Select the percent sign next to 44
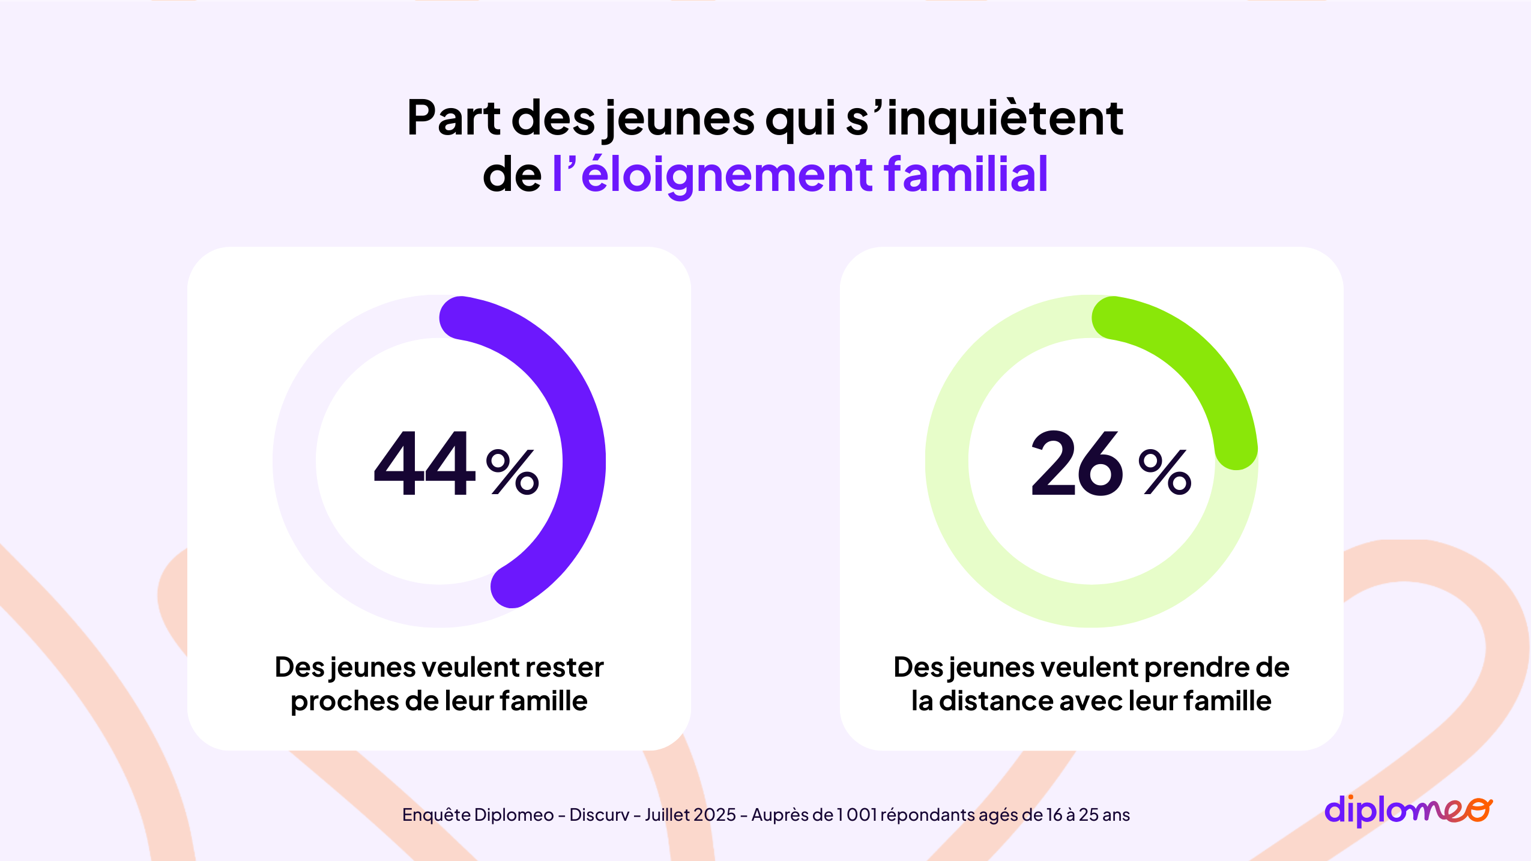(x=512, y=472)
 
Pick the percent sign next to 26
(x=1164, y=472)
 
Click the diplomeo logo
(x=1407, y=811)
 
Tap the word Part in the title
(x=453, y=118)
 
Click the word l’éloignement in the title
(x=712, y=175)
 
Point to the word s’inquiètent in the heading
(x=985, y=118)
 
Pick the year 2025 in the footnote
(x=714, y=815)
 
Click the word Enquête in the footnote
(x=436, y=815)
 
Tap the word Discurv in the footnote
(x=599, y=815)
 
